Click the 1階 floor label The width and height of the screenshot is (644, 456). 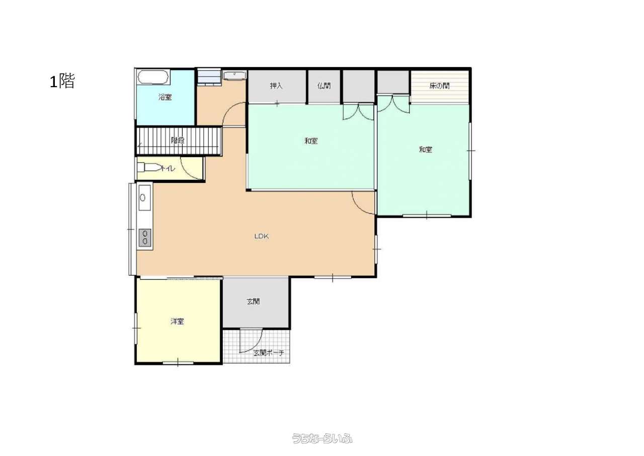coord(62,81)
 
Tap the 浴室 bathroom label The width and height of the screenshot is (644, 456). coord(165,97)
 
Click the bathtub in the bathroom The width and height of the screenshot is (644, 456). coord(153,77)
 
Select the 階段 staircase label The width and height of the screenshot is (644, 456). coord(178,140)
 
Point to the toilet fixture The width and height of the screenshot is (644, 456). coord(148,167)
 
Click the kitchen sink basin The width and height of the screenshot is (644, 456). coord(144,198)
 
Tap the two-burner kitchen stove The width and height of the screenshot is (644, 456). coord(145,237)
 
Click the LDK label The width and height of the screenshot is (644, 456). coord(262,236)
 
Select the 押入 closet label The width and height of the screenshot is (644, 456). coord(276,86)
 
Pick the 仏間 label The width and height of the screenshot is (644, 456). coord(324,86)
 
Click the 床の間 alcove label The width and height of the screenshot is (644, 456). coord(439,86)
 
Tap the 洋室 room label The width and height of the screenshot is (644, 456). coord(177,321)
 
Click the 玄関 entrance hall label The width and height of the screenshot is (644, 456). coord(253,301)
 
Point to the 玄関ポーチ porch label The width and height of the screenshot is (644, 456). coord(269,353)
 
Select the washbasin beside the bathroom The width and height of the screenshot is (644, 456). coord(235,76)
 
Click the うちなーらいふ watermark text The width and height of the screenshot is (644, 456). coord(322,438)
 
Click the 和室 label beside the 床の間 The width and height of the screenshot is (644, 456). coord(426,150)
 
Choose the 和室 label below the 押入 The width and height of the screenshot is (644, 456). coord(311,141)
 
